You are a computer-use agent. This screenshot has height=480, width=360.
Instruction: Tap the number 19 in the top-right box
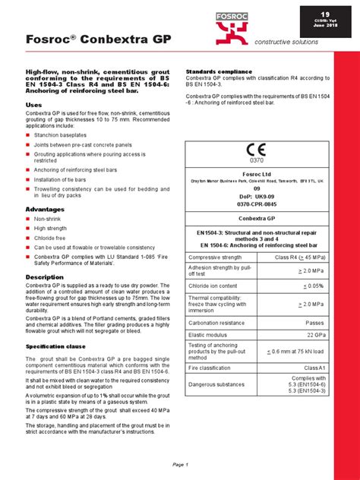(x=324, y=14)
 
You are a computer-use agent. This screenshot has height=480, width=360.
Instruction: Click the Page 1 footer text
(x=180, y=464)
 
